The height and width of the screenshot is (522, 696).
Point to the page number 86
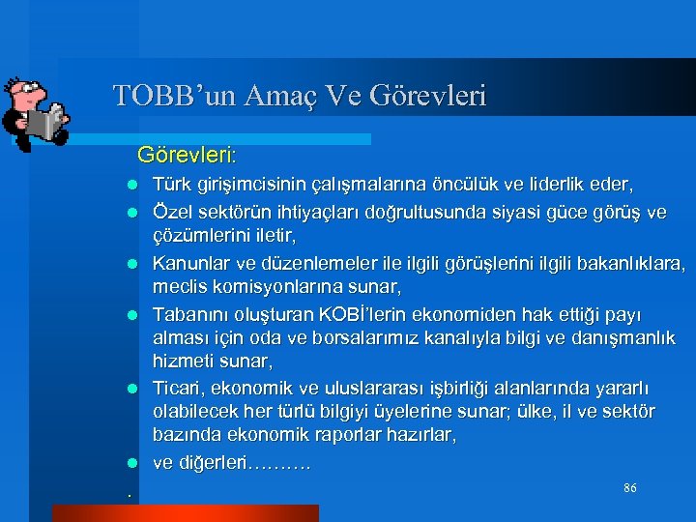pos(629,488)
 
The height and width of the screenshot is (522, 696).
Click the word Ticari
pos(177,388)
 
